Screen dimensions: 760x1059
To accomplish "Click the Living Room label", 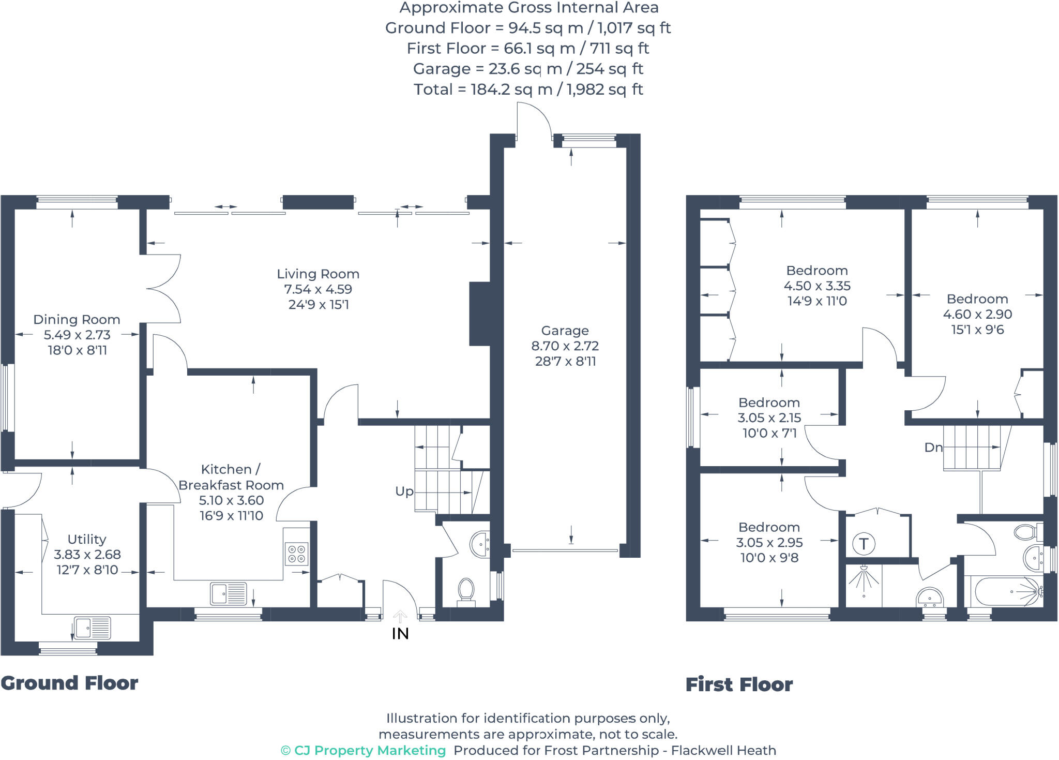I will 317,274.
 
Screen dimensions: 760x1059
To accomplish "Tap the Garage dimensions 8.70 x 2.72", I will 565,346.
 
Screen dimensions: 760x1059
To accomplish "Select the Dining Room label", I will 77,319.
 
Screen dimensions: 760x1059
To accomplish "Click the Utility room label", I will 86,539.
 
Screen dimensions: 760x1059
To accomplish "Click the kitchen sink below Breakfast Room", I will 228,593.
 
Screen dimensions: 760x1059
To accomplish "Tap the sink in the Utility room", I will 92,628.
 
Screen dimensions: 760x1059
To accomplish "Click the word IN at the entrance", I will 400,634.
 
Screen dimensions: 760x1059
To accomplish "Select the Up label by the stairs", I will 404,491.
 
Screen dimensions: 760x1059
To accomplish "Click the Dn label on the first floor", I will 933,448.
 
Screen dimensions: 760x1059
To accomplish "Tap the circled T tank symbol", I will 863,544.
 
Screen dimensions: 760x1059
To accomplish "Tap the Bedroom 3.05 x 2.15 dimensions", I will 769,418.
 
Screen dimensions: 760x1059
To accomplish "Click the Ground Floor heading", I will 69,683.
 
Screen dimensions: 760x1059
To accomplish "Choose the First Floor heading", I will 738,684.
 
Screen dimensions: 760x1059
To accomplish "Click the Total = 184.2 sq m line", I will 528,90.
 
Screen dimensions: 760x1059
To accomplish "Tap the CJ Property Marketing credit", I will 363,750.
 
